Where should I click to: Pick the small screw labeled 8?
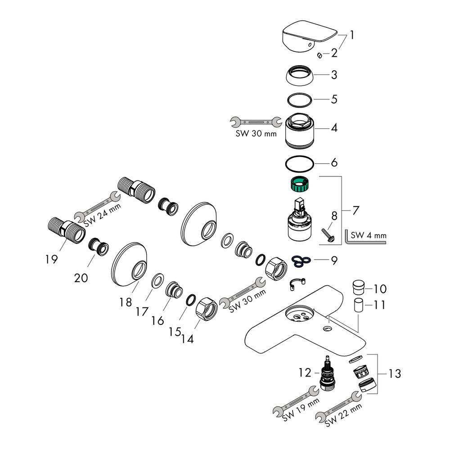tap(326, 234)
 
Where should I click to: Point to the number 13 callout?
tap(395, 373)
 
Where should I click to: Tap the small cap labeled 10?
tap(359, 287)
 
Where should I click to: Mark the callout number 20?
tap(81, 278)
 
